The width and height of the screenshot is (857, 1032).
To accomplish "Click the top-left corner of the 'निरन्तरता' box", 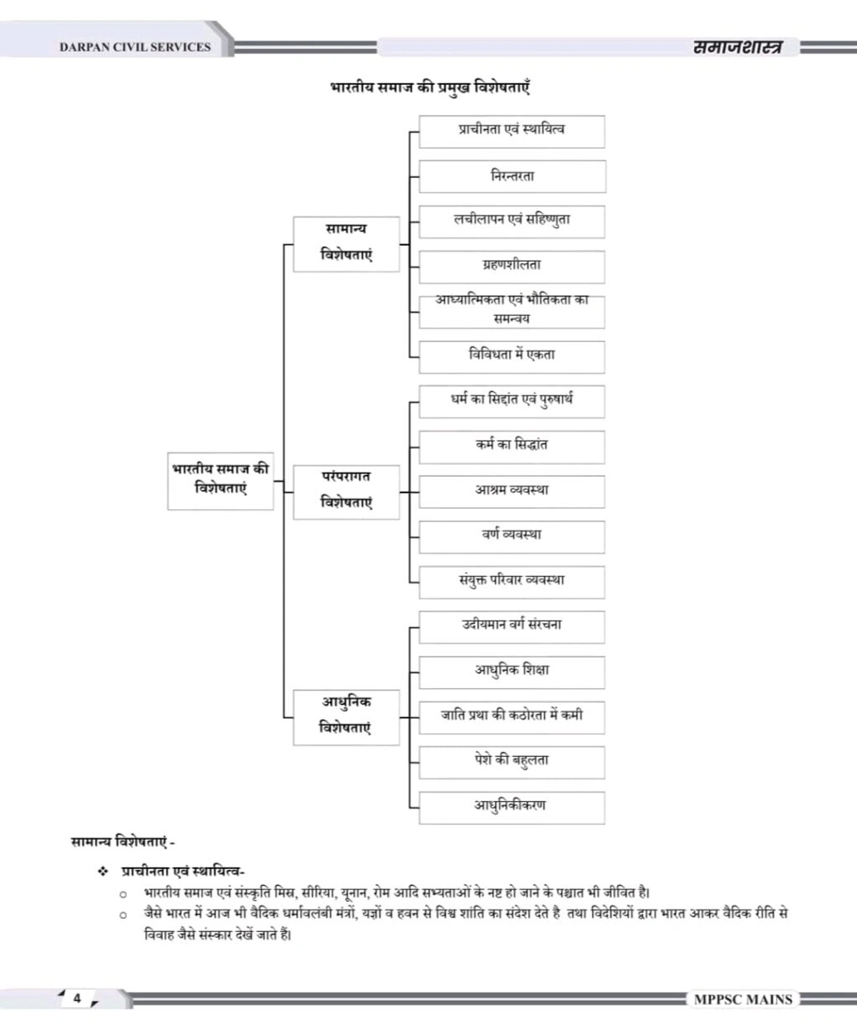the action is click(420, 161).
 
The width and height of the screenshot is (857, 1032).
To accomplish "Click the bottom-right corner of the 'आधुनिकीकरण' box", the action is click(604, 824).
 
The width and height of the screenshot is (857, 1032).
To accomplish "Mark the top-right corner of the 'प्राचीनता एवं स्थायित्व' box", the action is click(604, 116).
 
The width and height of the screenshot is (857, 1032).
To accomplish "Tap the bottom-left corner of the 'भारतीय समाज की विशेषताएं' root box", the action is click(168, 510).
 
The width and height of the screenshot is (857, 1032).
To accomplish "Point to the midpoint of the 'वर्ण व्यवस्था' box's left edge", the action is click(420, 537).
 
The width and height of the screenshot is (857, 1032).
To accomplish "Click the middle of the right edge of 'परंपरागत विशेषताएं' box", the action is click(399, 492).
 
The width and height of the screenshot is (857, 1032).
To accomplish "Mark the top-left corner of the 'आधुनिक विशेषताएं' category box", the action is click(294, 691).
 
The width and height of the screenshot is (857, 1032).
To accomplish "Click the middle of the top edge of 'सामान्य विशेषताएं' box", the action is click(346, 217).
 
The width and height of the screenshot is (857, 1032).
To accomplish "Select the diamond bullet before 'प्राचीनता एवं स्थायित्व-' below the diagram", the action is click(103, 871).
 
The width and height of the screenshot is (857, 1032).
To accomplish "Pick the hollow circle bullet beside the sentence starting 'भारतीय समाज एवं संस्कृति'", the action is click(123, 894).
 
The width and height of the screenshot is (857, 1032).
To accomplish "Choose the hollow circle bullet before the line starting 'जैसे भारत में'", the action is click(123, 915).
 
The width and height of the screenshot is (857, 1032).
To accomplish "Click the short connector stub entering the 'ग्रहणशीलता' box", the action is click(414, 267).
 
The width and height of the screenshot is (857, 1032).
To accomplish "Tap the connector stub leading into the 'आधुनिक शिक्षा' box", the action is click(414, 673).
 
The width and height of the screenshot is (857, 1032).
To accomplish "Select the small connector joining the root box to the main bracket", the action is click(279, 481).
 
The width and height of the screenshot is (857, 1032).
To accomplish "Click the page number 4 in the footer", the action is click(77, 998).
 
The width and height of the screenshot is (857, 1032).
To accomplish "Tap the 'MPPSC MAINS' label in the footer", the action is click(743, 999).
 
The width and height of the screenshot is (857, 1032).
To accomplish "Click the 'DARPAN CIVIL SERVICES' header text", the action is click(135, 47).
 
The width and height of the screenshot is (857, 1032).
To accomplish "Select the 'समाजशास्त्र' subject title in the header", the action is click(738, 47).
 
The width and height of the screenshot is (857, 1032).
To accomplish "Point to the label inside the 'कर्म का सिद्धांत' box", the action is click(511, 445).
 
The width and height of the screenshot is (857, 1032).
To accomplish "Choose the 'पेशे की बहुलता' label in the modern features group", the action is click(511, 761).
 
